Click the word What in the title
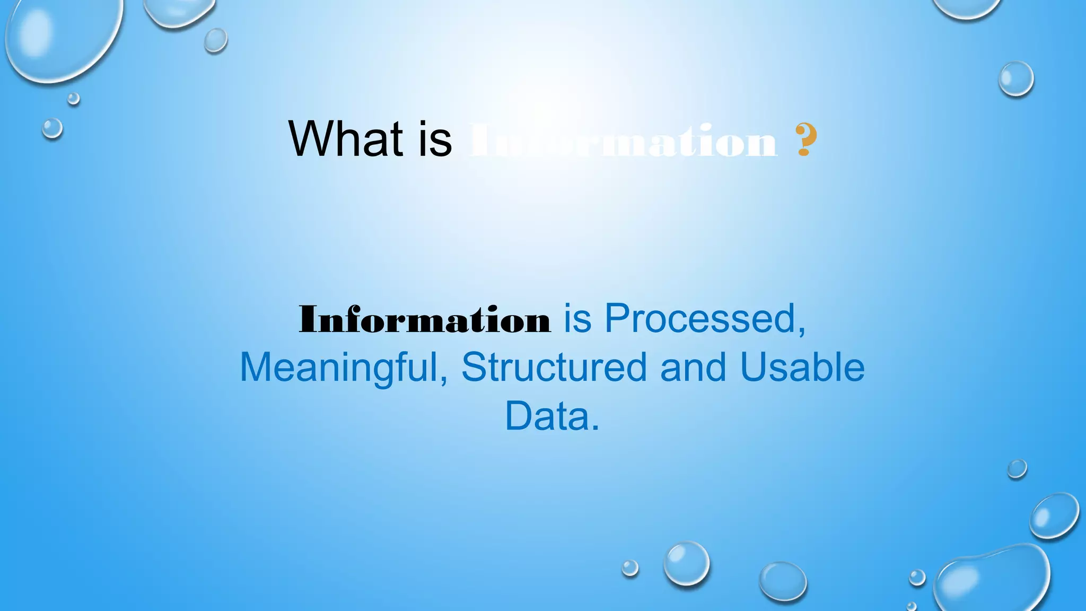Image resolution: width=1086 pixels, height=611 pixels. pyautogui.click(x=345, y=138)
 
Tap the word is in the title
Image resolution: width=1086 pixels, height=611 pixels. pyautogui.click(x=435, y=138)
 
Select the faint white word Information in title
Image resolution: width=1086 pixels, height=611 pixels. pyautogui.click(x=623, y=141)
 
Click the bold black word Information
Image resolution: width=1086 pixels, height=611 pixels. pyautogui.click(x=425, y=320)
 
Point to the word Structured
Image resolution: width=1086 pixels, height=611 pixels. pyautogui.click(x=554, y=367)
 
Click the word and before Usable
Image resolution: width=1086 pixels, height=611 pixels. pyautogui.click(x=693, y=367)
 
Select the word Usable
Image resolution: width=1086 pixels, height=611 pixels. pyautogui.click(x=802, y=367)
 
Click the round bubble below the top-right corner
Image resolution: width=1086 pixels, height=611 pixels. pyautogui.click(x=1016, y=78)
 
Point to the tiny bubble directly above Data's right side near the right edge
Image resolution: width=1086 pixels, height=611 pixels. pyautogui.click(x=1017, y=469)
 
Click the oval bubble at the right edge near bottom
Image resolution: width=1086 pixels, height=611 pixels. pyautogui.click(x=1054, y=516)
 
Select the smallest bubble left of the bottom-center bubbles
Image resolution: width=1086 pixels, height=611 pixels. pyautogui.click(x=630, y=568)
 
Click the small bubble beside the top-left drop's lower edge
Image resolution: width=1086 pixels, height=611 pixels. pyautogui.click(x=73, y=99)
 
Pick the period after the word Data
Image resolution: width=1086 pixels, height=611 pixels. pyautogui.click(x=595, y=428)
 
